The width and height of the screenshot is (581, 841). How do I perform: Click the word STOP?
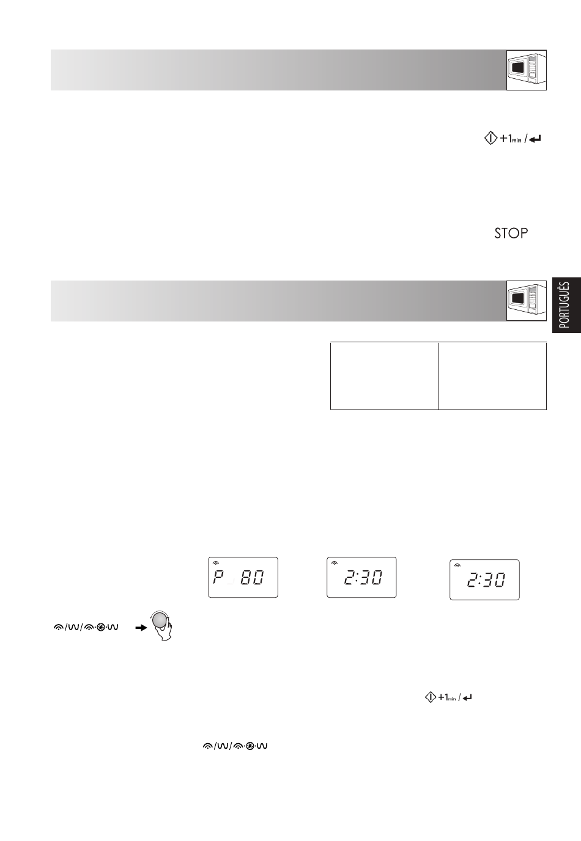click(x=511, y=233)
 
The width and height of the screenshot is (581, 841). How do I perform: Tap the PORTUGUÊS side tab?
click(x=566, y=305)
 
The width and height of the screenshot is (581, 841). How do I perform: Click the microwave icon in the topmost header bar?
click(x=526, y=70)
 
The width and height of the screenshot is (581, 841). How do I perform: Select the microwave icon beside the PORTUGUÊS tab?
click(x=526, y=301)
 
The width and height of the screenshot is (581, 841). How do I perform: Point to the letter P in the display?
click(x=218, y=577)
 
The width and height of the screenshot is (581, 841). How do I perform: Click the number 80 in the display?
click(x=252, y=578)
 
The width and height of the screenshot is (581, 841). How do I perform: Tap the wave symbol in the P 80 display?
click(x=215, y=563)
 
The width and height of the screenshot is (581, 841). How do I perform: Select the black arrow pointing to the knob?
click(x=141, y=627)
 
